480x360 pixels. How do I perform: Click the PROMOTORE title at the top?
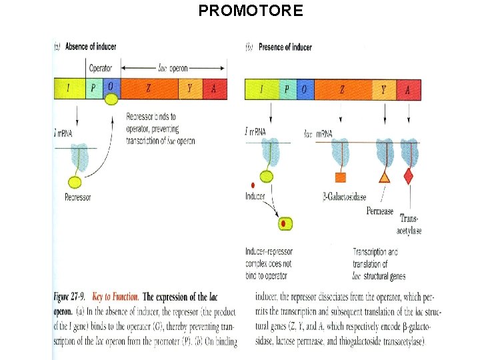coord(251,11)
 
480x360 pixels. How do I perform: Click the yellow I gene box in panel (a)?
coord(69,89)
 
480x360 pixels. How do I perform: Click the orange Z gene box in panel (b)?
coord(342,89)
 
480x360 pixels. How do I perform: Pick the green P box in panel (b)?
coord(287,89)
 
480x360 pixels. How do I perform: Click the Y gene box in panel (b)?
coord(383,89)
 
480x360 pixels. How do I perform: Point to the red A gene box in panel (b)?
coord(407,89)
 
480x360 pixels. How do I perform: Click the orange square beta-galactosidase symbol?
coord(340,177)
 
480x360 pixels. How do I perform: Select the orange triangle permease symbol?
coord(385,177)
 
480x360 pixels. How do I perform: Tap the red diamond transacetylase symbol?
coord(408,176)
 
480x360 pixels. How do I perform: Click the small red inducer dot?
coord(252,185)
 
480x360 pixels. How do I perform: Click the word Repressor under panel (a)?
coord(78,197)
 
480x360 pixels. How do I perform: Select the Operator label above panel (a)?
coord(101,68)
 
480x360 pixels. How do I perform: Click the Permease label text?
coord(379,211)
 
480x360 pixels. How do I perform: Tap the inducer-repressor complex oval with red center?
coord(286,224)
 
